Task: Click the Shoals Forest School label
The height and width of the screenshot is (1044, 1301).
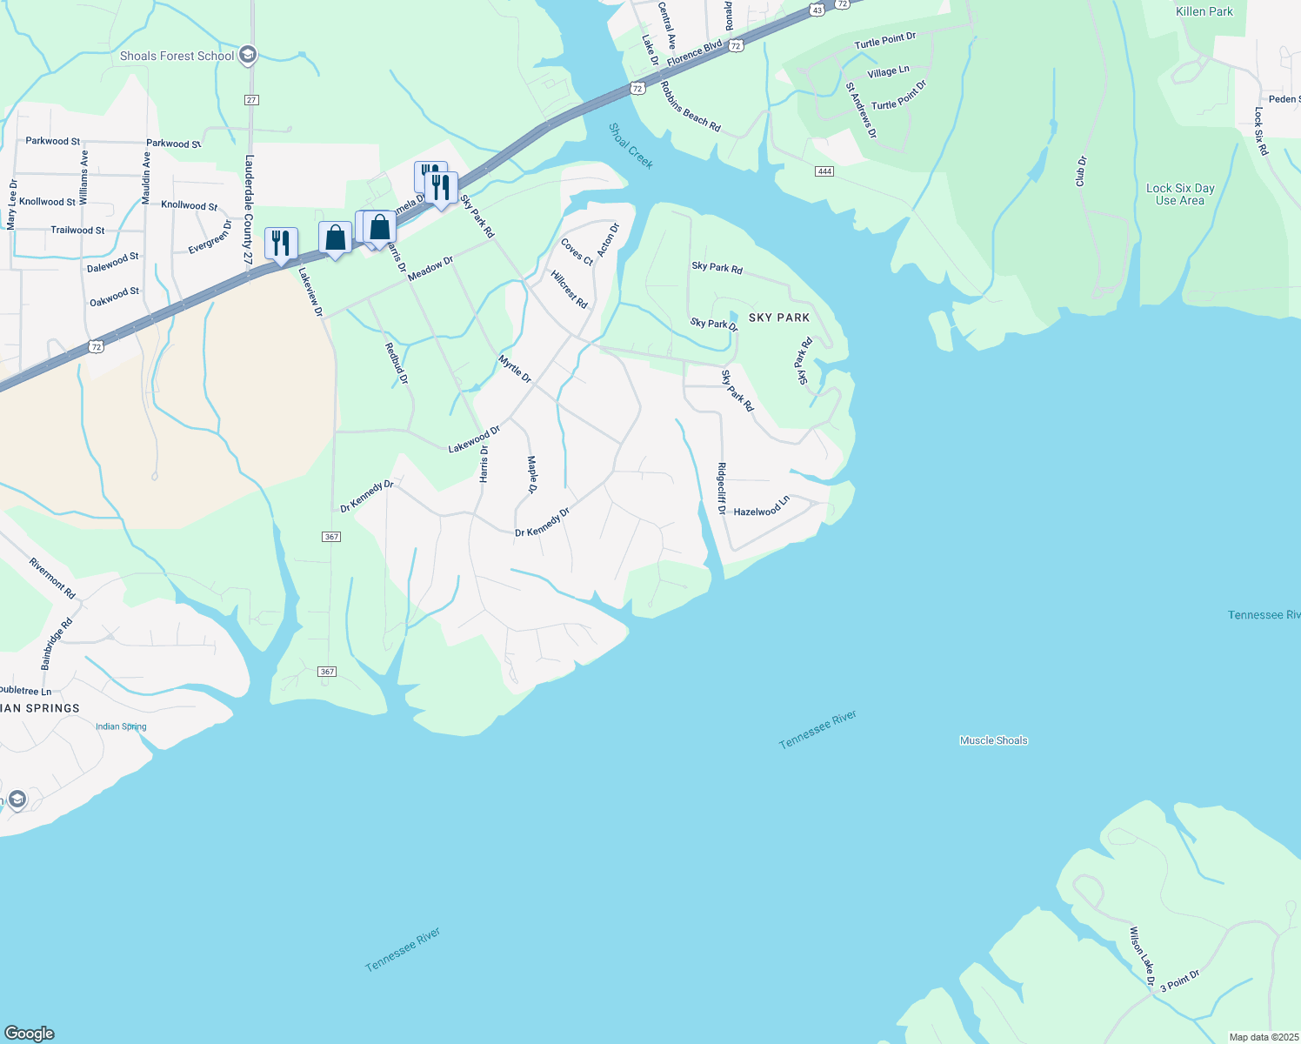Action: (177, 57)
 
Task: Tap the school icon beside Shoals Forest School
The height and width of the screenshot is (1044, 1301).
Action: (248, 56)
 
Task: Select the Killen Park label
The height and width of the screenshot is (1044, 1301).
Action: (1204, 11)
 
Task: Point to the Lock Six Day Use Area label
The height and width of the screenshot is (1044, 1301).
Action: (1179, 194)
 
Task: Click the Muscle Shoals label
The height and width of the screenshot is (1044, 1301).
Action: (993, 740)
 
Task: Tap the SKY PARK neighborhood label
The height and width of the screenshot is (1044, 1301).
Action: (778, 318)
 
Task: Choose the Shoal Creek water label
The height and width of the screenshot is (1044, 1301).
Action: (630, 145)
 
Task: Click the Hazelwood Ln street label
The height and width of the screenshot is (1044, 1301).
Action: (761, 506)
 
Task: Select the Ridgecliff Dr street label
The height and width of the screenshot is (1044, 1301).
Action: (721, 488)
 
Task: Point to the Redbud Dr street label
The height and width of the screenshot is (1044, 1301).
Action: (397, 363)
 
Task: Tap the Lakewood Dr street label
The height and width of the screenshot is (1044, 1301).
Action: (474, 439)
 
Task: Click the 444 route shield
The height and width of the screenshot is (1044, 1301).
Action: (824, 171)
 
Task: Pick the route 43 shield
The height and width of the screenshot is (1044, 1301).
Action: (816, 10)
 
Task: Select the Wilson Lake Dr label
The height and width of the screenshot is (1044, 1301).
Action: (1142, 957)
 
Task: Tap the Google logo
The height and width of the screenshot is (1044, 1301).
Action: (30, 1034)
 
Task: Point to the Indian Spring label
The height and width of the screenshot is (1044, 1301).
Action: (121, 726)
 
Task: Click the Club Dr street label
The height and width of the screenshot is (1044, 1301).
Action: (1081, 171)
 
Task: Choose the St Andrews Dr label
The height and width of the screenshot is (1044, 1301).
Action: (861, 110)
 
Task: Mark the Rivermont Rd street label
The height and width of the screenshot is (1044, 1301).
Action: (52, 579)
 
